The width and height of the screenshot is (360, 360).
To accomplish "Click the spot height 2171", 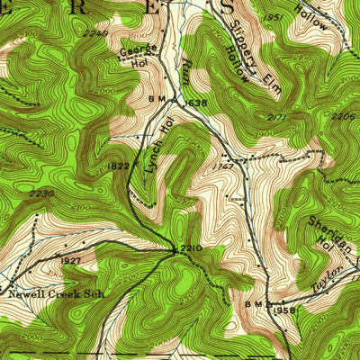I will coord(277,118).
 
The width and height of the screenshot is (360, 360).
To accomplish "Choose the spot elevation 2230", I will coord(40,193).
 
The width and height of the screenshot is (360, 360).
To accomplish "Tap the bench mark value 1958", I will coord(285,310).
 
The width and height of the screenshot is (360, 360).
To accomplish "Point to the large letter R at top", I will coord(71,8).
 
